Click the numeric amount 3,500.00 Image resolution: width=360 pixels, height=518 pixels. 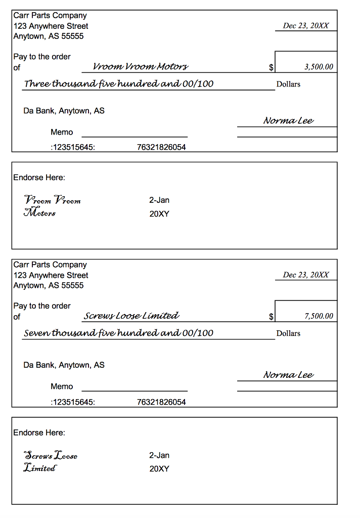coord(319,67)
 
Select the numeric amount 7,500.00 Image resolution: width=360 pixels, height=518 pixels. coord(319,316)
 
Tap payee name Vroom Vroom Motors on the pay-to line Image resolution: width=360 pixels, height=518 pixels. coord(141,67)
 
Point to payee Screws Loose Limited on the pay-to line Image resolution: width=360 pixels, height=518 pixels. coord(131,316)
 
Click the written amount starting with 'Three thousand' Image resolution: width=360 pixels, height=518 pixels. coord(119,84)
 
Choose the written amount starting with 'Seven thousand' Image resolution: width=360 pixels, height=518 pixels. coord(119,333)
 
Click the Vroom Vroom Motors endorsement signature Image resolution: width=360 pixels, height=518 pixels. coord(52,206)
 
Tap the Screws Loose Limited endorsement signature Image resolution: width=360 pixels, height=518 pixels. coord(50,461)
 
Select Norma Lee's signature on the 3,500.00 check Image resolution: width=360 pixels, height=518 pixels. coord(288,120)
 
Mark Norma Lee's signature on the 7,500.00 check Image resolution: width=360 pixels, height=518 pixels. coord(288,375)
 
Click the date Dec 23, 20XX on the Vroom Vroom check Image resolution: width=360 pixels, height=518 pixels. coord(306,26)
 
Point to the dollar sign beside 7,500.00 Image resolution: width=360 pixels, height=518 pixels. coord(271,317)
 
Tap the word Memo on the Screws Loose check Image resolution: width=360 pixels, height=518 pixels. coord(62,386)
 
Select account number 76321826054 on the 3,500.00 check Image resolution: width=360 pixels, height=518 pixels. coord(161,148)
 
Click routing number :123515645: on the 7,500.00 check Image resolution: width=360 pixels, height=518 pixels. coord(73,402)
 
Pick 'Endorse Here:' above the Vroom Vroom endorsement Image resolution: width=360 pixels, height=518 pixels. coord(39,178)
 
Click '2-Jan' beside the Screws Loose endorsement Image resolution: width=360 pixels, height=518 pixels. coord(159,455)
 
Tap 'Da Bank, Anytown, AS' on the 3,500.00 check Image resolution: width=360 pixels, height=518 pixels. coord(64,111)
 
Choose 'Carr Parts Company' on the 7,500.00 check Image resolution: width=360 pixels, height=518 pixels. coord(50,265)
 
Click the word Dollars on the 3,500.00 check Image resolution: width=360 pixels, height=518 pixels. coord(288,84)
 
